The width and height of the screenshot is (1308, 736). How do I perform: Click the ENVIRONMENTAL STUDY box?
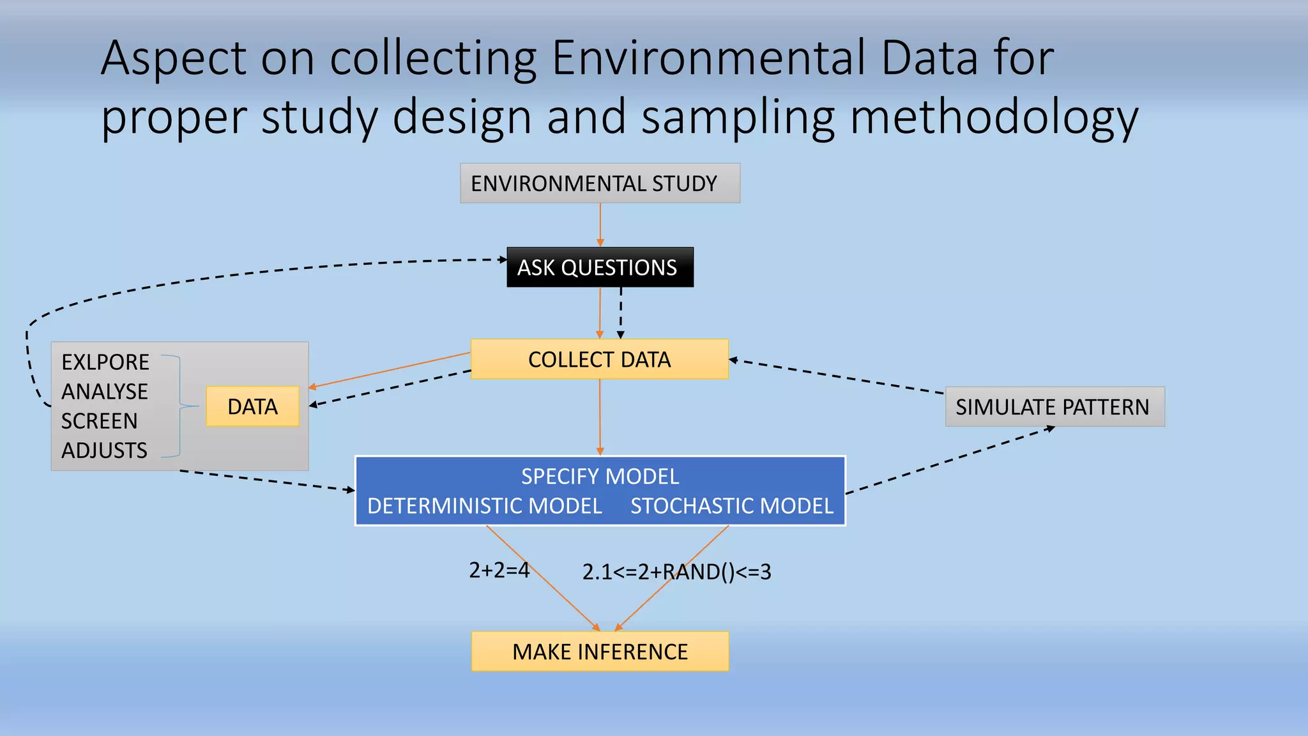pyautogui.click(x=600, y=183)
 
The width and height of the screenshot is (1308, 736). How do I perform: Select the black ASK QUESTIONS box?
pyautogui.click(x=600, y=267)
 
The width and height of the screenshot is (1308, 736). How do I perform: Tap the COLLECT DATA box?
pyautogui.click(x=599, y=360)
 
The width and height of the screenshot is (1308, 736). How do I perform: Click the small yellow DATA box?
pyautogui.click(x=252, y=406)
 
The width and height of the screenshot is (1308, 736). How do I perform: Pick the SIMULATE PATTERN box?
pyautogui.click(x=1054, y=407)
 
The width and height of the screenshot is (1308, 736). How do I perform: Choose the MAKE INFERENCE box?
pyautogui.click(x=600, y=652)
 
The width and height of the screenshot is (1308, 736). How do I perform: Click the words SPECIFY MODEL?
pyautogui.click(x=600, y=477)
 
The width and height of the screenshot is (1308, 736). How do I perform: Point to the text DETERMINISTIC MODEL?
pyautogui.click(x=485, y=506)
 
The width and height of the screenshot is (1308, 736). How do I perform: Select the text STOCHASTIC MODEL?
pyautogui.click(x=732, y=506)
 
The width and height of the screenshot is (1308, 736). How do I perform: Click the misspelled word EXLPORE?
pyautogui.click(x=105, y=362)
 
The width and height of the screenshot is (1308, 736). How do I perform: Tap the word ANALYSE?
pyautogui.click(x=105, y=392)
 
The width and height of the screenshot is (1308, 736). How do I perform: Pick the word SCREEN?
pyautogui.click(x=100, y=421)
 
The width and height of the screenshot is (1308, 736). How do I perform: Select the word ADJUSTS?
pyautogui.click(x=105, y=450)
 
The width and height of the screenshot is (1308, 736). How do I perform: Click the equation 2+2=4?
pyautogui.click(x=499, y=570)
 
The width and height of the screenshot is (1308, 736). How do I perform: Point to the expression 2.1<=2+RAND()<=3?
pyautogui.click(x=676, y=572)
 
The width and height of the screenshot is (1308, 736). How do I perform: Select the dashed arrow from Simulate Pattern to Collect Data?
pyautogui.click(x=837, y=376)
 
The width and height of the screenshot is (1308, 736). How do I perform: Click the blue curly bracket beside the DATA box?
pyautogui.click(x=181, y=406)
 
